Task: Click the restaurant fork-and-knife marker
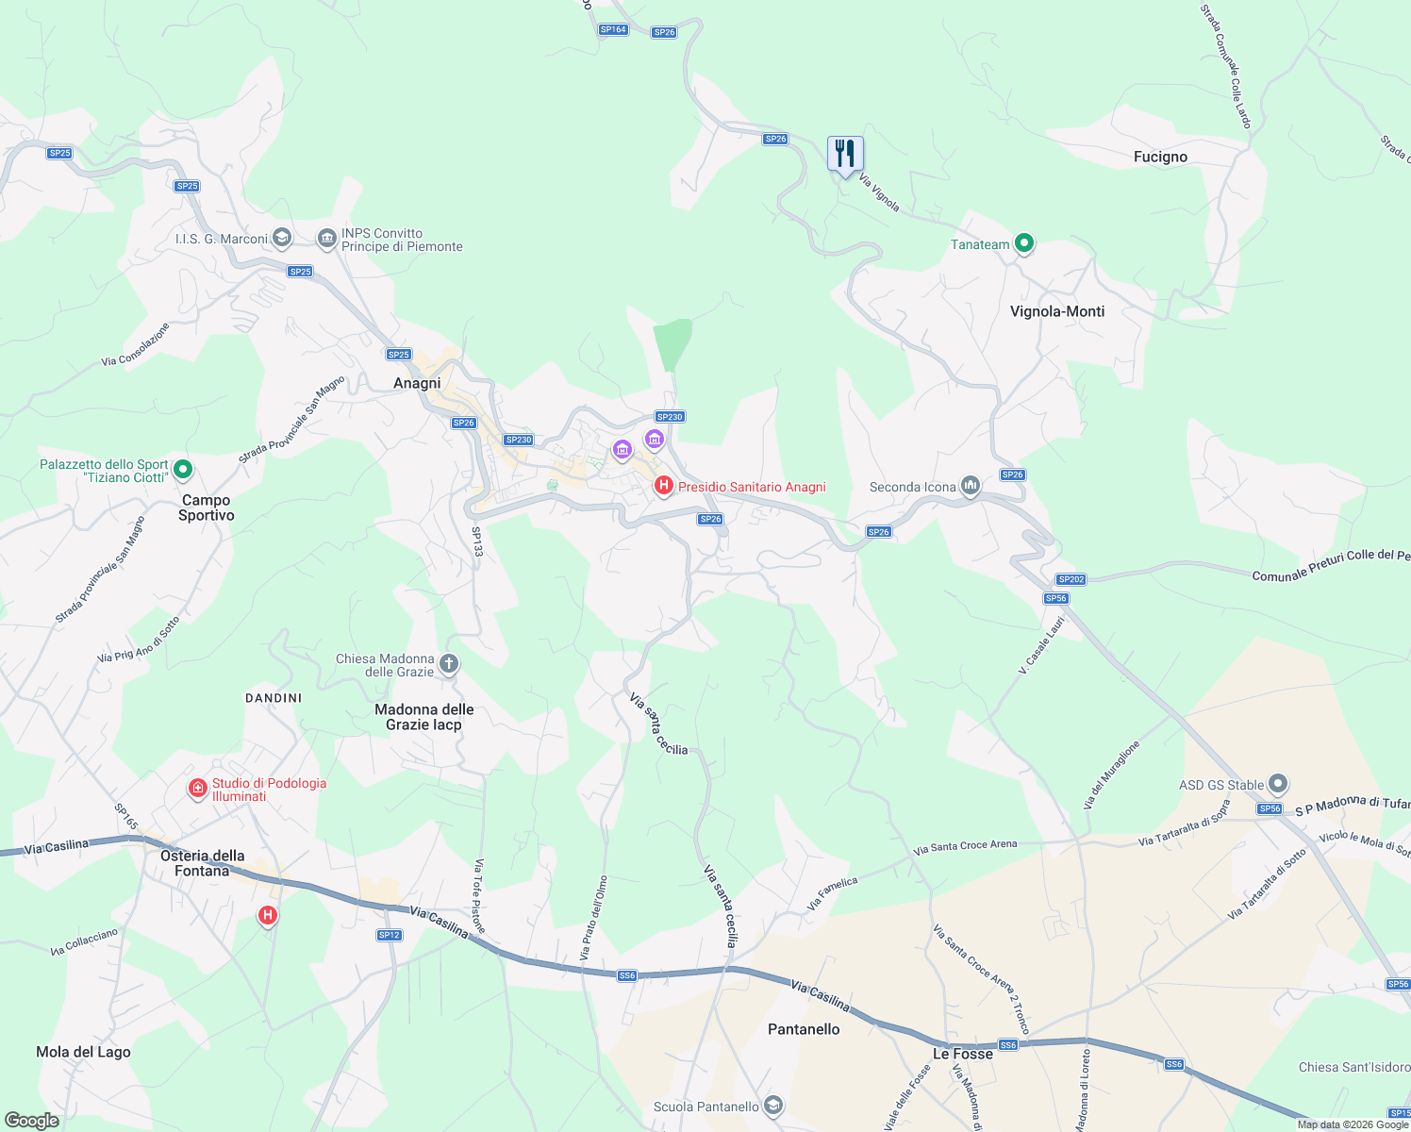(x=845, y=153)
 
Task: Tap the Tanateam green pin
(x=1024, y=243)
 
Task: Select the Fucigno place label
(x=1160, y=157)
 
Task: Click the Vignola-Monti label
(x=1056, y=311)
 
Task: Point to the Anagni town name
(x=417, y=383)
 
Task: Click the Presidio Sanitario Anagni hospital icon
(x=664, y=486)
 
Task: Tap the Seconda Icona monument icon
(x=971, y=487)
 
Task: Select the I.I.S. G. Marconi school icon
(x=281, y=238)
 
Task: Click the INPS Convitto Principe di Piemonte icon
(x=327, y=239)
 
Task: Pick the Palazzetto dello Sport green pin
(x=183, y=469)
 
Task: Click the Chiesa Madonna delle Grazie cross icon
(x=449, y=664)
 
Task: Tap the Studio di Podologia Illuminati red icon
(x=197, y=788)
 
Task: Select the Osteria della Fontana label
(x=202, y=863)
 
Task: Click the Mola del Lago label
(x=83, y=1052)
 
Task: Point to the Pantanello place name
(x=804, y=1029)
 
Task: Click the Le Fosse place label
(x=962, y=1054)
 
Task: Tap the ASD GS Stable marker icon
(x=1278, y=784)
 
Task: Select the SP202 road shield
(x=1071, y=579)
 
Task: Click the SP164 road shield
(x=613, y=29)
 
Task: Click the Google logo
(x=31, y=1121)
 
